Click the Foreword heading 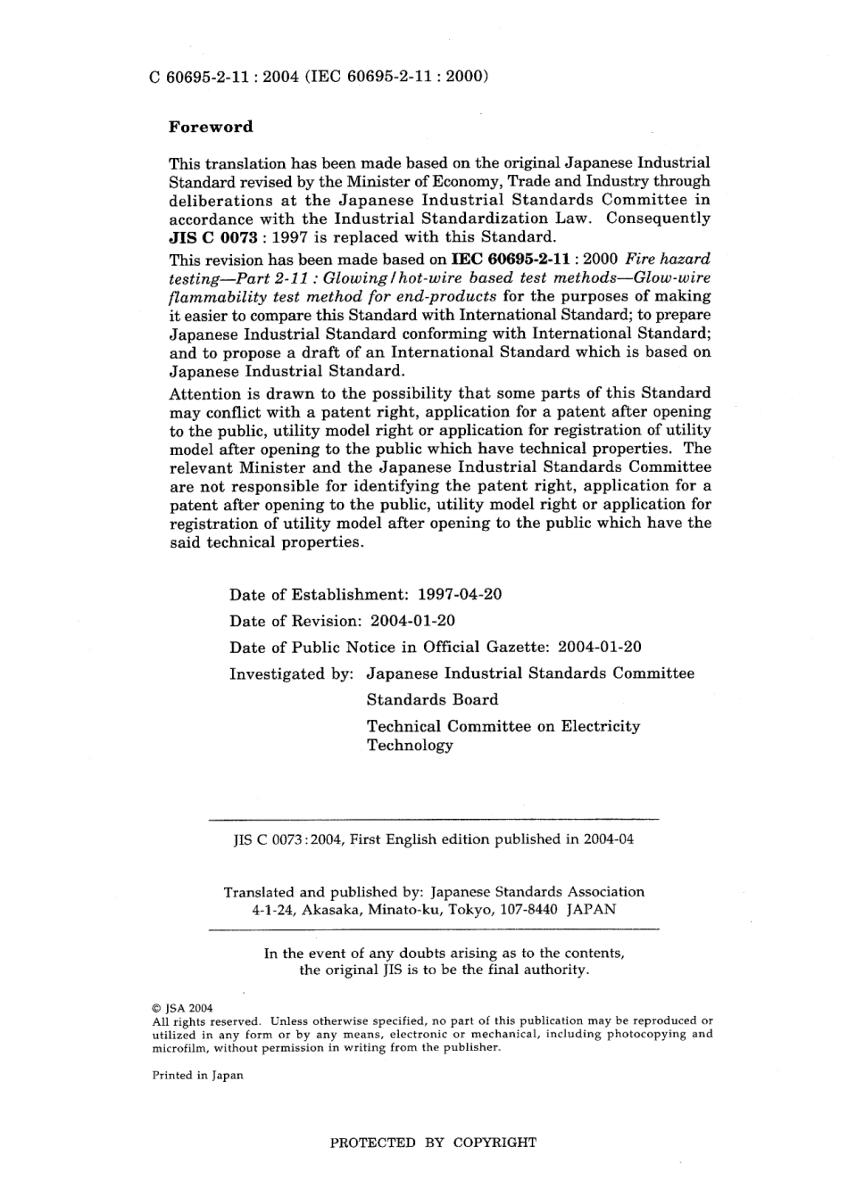211,127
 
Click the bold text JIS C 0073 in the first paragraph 212,237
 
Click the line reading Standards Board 432,700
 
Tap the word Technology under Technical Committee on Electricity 410,746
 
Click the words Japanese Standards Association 537,892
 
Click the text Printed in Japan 197,1076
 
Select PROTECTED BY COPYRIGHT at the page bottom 433,1143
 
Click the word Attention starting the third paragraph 204,393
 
